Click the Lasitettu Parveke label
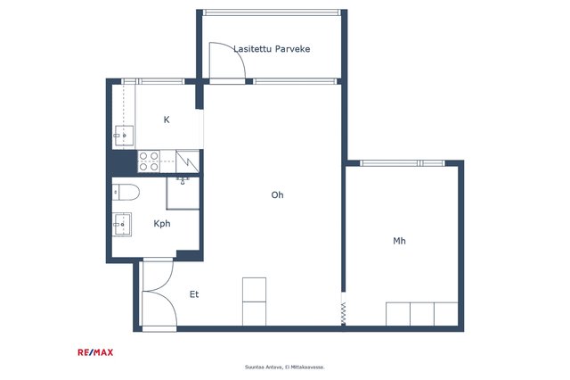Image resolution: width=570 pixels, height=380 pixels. coord(272,49)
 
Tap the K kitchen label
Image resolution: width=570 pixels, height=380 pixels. coord(167,120)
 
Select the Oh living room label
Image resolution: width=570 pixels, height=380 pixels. coord(277,194)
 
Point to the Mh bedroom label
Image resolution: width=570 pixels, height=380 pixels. coord(399,241)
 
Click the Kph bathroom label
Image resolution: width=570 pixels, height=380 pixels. coord(162,224)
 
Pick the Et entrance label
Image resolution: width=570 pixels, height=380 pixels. coord(194,294)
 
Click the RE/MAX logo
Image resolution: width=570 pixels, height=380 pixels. coord(95,352)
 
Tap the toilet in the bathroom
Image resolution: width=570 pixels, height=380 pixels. coord(126,192)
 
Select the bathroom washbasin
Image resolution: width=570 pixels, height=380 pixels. coord(121,224)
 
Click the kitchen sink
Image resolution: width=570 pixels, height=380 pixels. coord(124,136)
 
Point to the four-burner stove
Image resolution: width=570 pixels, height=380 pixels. coord(149,161)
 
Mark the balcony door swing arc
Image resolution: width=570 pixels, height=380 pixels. coord(232,54)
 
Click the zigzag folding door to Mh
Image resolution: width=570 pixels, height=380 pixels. coord(343,314)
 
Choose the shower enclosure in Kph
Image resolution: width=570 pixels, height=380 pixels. coord(183,193)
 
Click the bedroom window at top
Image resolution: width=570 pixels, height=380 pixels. coord(403,163)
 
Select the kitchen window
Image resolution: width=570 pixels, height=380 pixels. coord(152,81)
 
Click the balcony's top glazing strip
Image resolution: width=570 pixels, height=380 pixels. coord(272,12)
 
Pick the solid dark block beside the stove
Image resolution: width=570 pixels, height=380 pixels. coord(124,161)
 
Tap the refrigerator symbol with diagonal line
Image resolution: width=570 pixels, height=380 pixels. coord(187,161)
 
